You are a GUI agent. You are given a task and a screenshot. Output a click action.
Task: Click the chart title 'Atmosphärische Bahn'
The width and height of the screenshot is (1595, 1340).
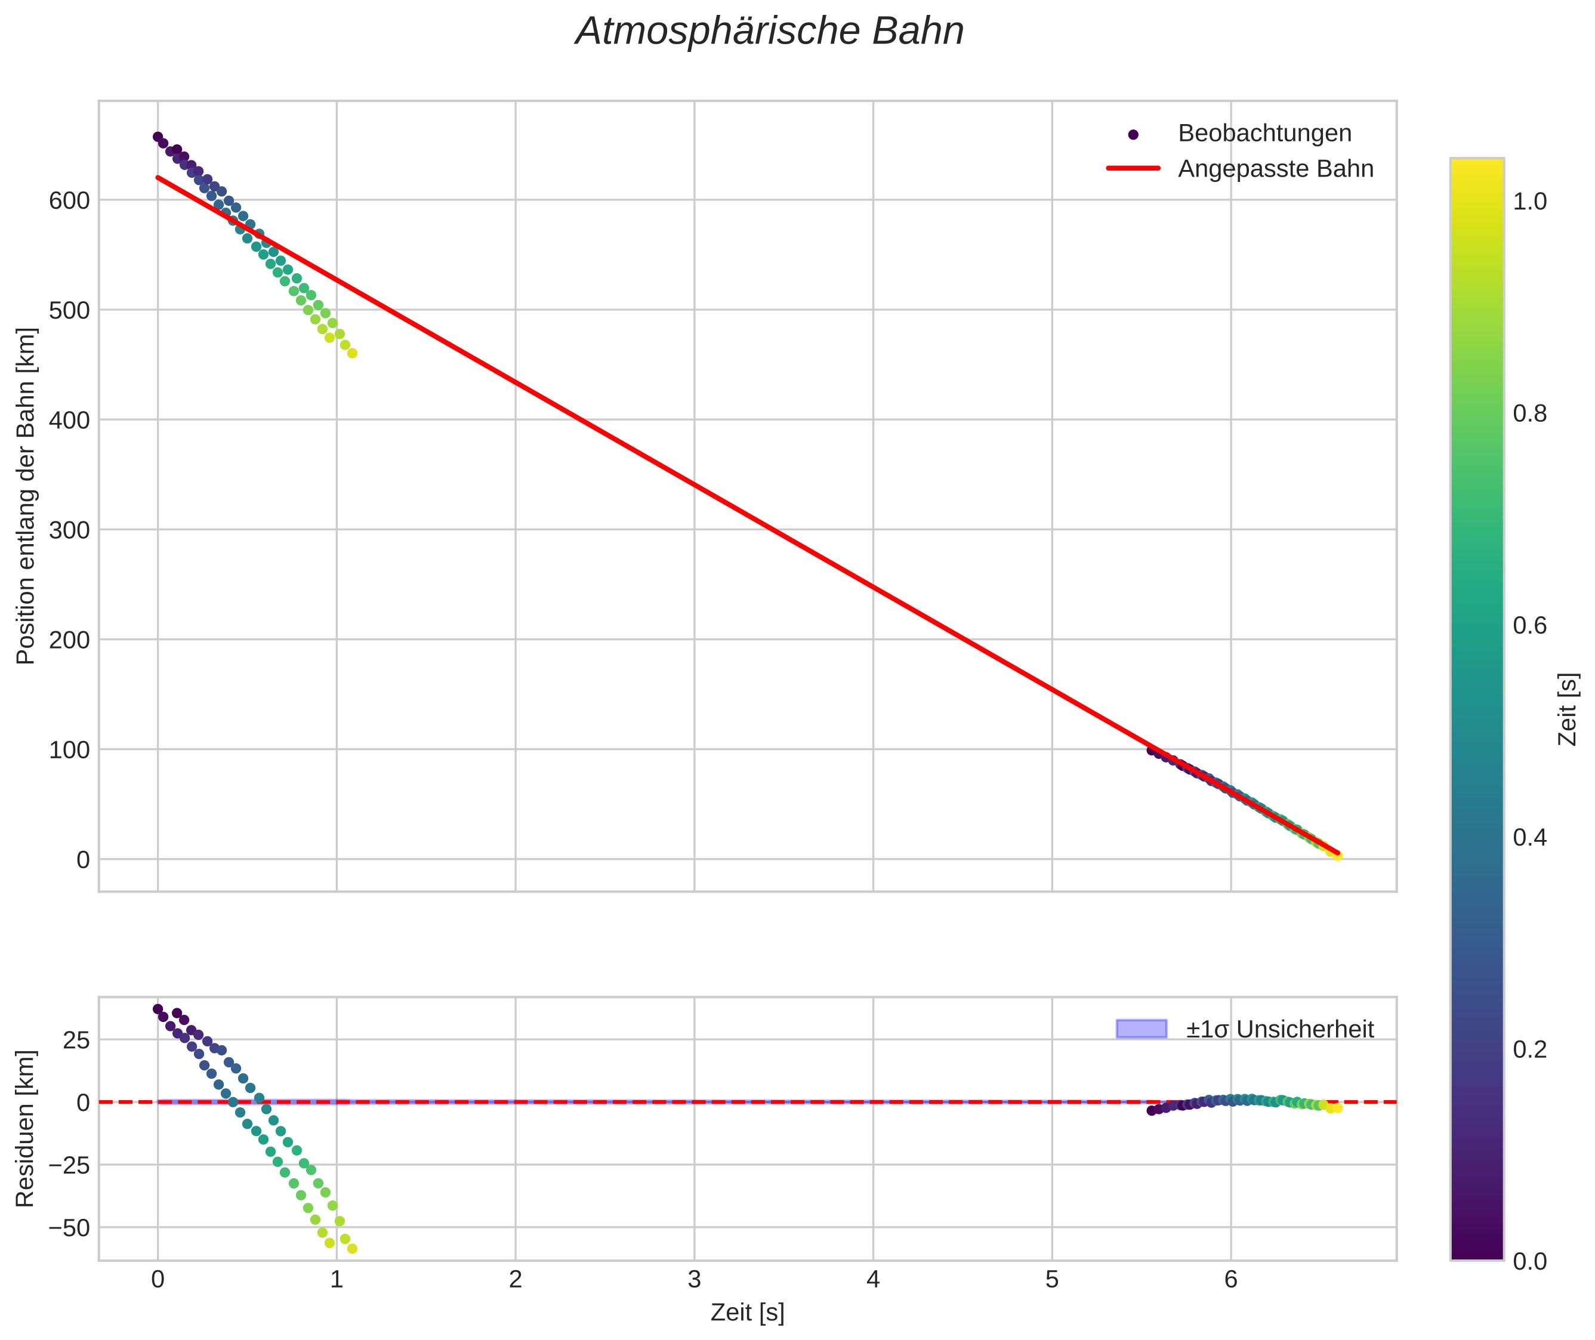point(769,32)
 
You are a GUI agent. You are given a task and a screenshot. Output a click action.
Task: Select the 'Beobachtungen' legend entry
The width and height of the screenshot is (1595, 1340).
point(1264,133)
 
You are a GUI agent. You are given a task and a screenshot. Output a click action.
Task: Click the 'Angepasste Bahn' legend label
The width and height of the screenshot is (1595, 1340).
point(1275,169)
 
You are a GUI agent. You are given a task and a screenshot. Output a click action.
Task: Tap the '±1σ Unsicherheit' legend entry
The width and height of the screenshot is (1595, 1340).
point(1280,1029)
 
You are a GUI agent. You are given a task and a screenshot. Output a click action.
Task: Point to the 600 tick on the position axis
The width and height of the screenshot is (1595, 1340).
point(69,200)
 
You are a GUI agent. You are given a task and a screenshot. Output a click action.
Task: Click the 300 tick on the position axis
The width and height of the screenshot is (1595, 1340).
point(69,530)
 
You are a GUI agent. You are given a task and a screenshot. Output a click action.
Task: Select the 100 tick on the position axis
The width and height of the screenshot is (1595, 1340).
point(69,751)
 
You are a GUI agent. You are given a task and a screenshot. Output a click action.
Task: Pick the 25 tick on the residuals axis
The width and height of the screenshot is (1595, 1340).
point(76,1040)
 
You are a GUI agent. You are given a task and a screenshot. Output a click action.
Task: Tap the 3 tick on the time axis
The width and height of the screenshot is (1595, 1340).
point(694,1280)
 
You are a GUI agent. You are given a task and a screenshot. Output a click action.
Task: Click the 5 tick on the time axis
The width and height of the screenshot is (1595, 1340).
point(1051,1280)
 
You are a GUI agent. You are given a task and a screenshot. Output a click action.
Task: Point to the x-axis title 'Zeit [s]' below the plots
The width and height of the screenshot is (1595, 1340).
point(747,1313)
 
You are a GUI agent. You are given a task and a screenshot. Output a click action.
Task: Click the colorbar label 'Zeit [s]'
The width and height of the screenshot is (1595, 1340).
point(1567,709)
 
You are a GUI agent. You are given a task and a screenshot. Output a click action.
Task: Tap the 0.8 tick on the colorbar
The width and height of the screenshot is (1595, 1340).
point(1529,414)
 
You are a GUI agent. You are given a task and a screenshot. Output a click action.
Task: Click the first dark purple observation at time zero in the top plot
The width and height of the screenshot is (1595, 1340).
point(158,137)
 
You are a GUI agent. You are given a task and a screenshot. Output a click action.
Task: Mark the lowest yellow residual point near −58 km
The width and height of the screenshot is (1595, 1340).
point(352,1248)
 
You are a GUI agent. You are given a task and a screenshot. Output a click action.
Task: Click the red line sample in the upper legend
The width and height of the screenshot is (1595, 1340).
point(1133,169)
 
